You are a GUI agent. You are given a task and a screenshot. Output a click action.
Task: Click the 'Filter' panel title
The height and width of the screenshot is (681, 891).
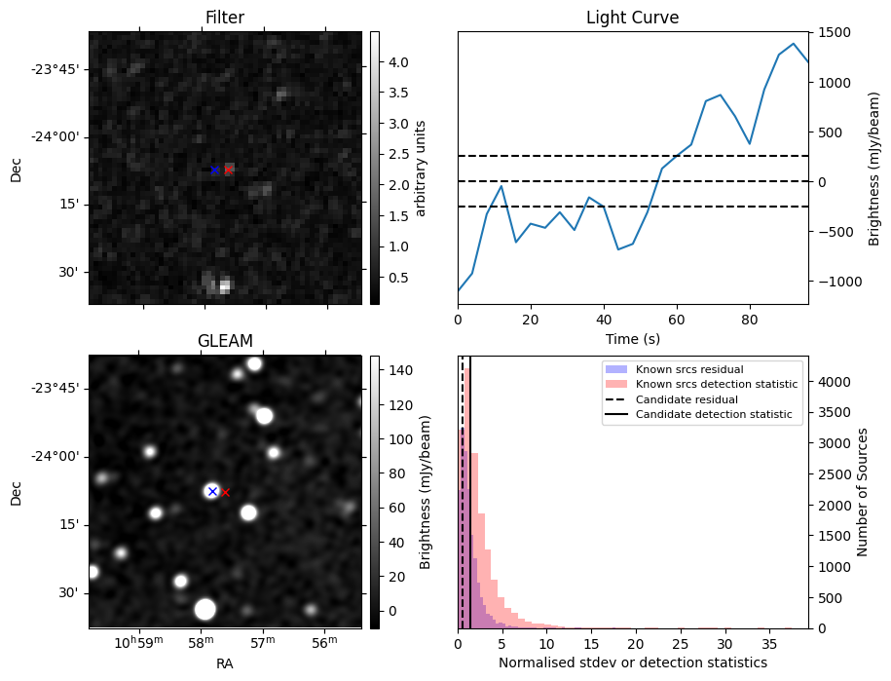(224, 18)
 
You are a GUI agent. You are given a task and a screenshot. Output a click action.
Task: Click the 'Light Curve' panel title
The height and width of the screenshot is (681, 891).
(632, 18)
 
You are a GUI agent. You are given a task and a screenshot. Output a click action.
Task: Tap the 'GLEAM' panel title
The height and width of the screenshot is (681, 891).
(224, 341)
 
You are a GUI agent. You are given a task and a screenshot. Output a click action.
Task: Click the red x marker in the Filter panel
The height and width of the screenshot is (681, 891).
(229, 170)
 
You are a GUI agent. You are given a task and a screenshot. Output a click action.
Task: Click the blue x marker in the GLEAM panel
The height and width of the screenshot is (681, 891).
(212, 491)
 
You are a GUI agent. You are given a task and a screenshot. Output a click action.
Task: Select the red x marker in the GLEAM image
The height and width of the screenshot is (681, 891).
(226, 493)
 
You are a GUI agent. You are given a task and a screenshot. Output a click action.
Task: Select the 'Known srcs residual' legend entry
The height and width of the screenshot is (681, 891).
(688, 370)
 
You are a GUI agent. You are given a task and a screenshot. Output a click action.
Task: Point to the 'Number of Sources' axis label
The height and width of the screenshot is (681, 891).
(863, 492)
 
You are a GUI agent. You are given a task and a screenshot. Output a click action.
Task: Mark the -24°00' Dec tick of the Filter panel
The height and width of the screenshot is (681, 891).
(59, 136)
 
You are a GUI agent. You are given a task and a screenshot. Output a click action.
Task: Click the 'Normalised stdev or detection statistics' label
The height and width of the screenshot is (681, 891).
(632, 662)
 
